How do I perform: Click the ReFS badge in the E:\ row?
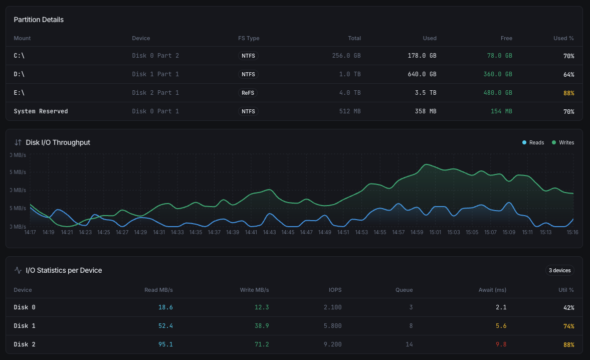tap(248, 93)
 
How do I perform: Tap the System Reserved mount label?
tap(41, 111)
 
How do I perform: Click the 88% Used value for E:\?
tap(568, 93)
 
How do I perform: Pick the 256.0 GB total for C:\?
tap(346, 56)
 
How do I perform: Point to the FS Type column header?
tap(249, 38)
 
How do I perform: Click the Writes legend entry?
tap(563, 142)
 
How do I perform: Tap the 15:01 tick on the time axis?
tap(436, 232)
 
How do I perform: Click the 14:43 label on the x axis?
tap(270, 232)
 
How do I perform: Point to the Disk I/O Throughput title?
tap(58, 142)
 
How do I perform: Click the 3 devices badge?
tap(559, 270)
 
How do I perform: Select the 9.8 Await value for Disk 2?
tap(501, 344)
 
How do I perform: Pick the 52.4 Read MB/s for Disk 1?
tap(165, 326)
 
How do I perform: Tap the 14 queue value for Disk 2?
tap(409, 344)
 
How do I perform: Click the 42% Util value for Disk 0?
tap(568, 307)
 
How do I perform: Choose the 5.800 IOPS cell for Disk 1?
tap(332, 326)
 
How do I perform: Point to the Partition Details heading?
tap(39, 20)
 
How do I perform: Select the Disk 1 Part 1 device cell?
tap(155, 74)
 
